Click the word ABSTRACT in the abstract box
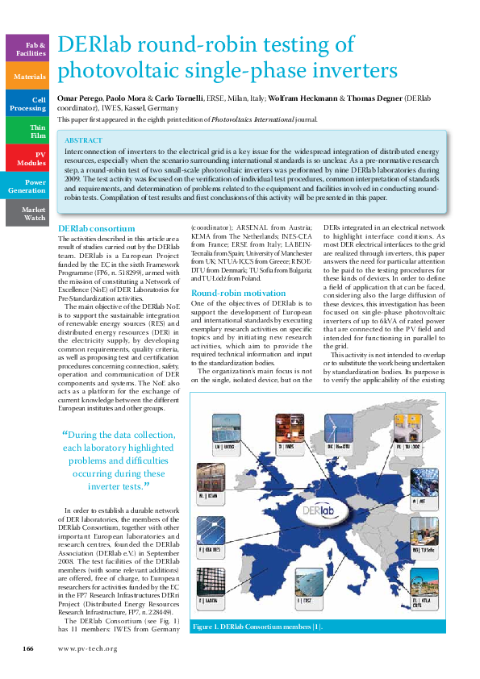click(83, 140)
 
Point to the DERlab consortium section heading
click(91, 230)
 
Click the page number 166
click(27, 648)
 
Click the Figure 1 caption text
click(257, 627)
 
